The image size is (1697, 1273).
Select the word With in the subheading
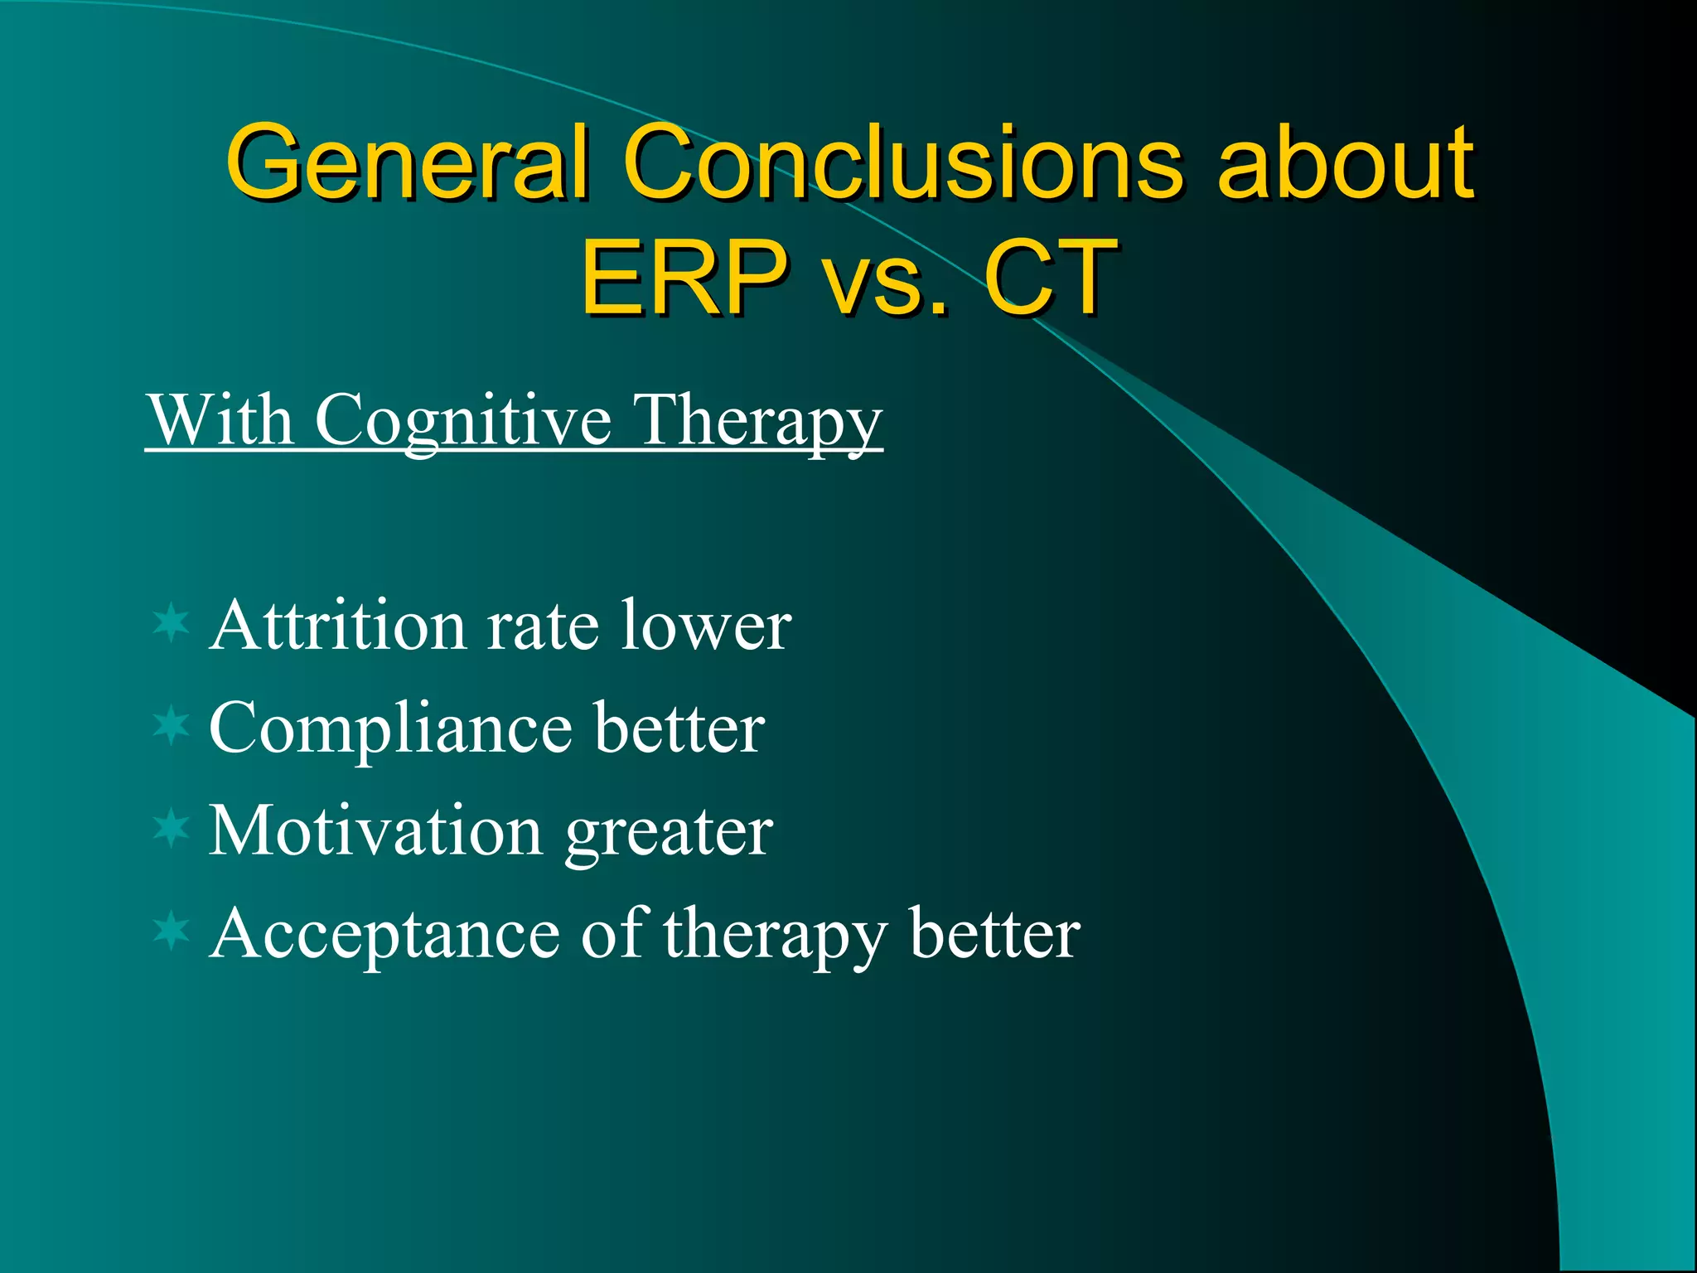tap(220, 420)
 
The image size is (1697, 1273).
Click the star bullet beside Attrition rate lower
tap(172, 623)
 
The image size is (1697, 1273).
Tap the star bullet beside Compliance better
tap(172, 726)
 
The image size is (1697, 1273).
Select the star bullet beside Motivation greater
tap(172, 829)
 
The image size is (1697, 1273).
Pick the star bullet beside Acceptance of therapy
tap(172, 932)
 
